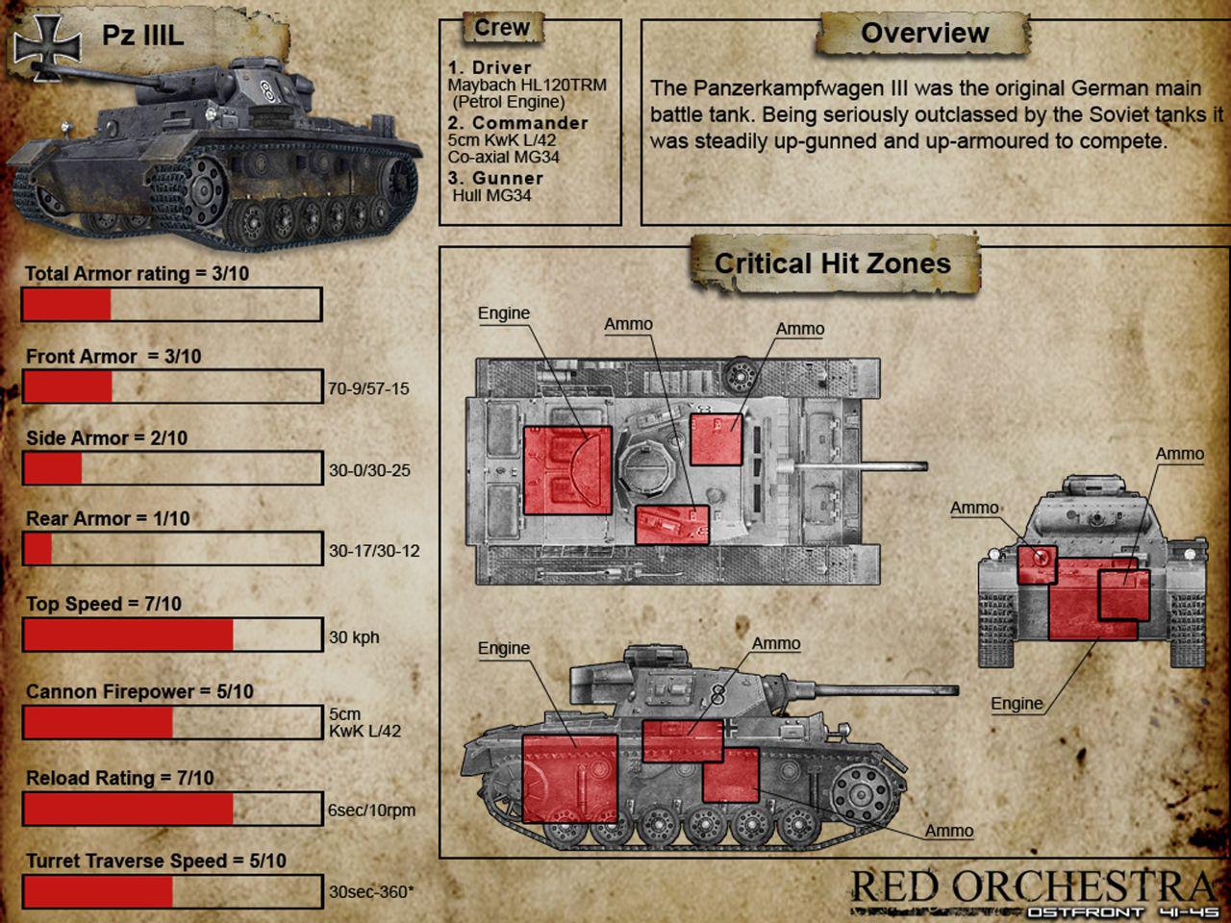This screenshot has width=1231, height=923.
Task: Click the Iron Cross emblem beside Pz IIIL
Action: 47,46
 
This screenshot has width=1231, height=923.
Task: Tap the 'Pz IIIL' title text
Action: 142,36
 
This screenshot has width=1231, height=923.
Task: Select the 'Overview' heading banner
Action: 924,33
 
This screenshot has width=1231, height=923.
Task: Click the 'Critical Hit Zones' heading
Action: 833,263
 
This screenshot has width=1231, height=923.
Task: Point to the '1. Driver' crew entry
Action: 490,68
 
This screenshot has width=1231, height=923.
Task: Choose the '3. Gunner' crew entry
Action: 495,178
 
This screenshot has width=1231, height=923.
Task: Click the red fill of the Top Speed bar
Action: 129,635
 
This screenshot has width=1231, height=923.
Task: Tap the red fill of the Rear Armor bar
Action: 38,549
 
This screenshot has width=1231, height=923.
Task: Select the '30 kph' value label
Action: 354,637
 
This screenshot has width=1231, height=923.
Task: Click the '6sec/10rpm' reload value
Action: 372,811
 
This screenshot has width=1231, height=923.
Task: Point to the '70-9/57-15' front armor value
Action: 368,388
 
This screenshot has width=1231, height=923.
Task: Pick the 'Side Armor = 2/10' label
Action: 107,438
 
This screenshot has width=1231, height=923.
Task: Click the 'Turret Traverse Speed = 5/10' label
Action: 156,861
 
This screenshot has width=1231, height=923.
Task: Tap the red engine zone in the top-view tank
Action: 567,471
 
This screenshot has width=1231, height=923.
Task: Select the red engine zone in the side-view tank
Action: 569,779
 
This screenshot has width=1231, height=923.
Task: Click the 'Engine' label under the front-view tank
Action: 1017,704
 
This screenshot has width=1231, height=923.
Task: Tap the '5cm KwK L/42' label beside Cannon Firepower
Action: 364,722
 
